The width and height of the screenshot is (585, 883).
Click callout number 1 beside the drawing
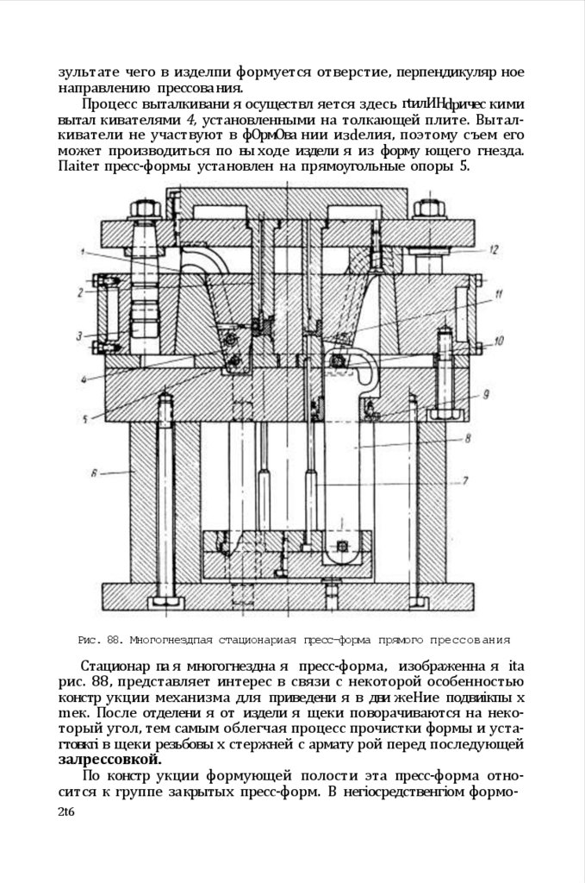click(x=84, y=252)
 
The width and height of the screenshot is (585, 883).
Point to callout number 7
click(x=464, y=480)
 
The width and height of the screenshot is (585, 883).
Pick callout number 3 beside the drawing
click(x=78, y=335)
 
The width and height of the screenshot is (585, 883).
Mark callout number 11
click(x=499, y=295)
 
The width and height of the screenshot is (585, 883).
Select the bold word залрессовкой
click(x=109, y=760)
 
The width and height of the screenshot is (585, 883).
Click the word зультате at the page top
click(x=90, y=72)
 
